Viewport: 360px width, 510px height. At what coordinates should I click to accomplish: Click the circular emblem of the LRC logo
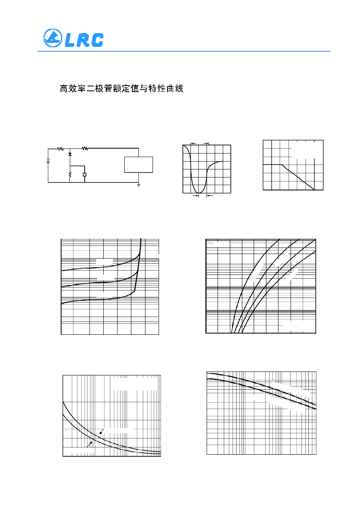[x=52, y=38]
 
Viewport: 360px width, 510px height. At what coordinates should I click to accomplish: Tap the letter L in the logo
[x=70, y=40]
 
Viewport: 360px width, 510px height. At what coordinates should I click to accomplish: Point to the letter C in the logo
[x=97, y=40]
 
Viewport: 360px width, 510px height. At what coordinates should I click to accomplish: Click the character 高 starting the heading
[x=64, y=88]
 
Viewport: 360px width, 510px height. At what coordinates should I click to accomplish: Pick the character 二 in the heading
[x=90, y=88]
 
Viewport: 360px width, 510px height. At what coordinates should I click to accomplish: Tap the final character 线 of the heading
[x=179, y=88]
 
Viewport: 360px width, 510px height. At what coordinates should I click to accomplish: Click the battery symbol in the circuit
[x=48, y=161]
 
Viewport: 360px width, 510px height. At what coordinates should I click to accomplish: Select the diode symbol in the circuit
[x=70, y=154]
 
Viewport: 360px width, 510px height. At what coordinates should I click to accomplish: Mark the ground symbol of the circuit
[x=138, y=185]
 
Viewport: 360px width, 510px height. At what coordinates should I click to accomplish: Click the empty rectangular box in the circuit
[x=138, y=165]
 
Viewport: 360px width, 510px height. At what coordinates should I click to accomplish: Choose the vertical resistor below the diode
[x=70, y=174]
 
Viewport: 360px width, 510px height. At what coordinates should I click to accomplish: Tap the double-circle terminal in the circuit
[x=85, y=174]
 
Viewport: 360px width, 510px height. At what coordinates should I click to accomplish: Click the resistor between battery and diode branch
[x=61, y=149]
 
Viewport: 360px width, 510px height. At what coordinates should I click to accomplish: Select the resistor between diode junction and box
[x=85, y=149]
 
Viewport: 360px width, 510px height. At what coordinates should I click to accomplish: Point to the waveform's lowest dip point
[x=199, y=193]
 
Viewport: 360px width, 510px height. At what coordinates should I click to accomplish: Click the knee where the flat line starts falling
[x=281, y=164]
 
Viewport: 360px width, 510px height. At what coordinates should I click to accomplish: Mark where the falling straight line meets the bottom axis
[x=314, y=190]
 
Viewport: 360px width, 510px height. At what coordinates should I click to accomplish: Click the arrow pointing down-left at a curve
[x=102, y=431]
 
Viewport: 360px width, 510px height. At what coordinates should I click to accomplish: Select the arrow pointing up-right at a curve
[x=90, y=444]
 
